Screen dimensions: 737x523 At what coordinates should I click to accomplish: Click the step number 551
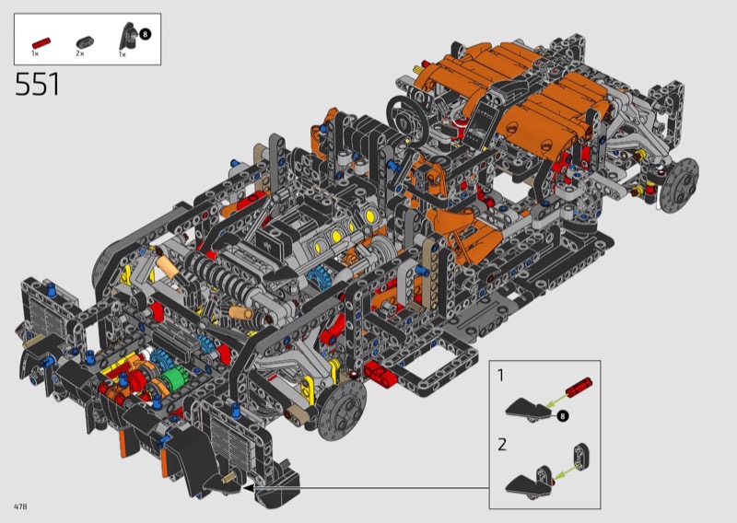click(38, 85)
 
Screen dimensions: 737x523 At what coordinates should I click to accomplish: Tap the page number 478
click(20, 506)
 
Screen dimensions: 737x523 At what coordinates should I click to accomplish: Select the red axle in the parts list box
click(41, 42)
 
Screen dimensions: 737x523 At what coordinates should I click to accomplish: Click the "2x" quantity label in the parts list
click(80, 53)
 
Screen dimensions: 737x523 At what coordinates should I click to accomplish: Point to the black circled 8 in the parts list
click(145, 34)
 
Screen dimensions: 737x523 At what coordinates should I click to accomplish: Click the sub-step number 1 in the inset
click(500, 375)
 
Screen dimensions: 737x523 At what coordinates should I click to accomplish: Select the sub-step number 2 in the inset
click(502, 444)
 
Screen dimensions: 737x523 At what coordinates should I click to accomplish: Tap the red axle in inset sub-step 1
click(579, 388)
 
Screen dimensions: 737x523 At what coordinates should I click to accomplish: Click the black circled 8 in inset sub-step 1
click(562, 416)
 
